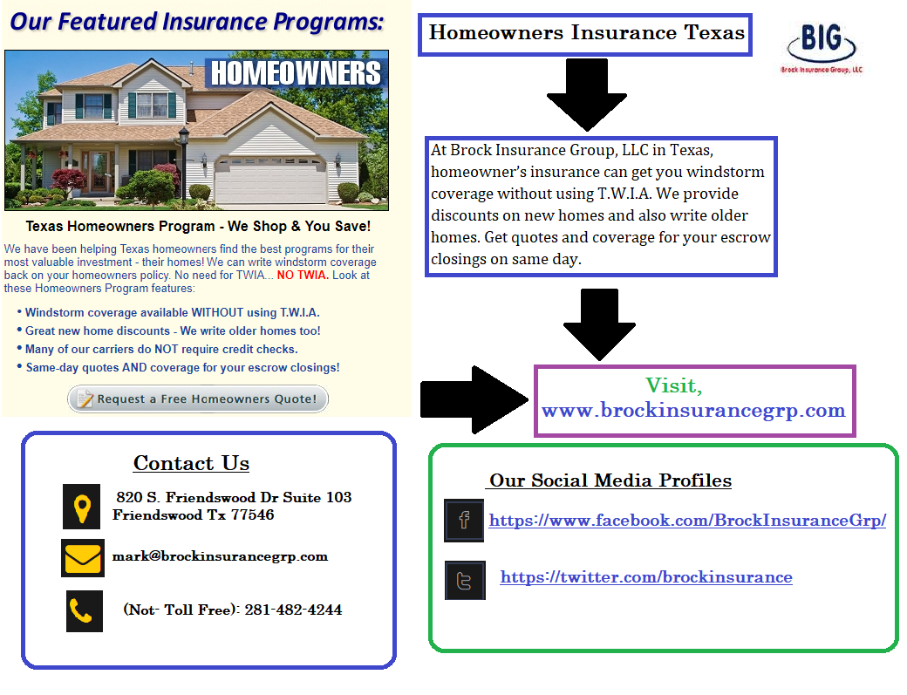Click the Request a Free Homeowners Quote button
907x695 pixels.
[198, 399]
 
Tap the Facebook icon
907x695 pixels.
[464, 521]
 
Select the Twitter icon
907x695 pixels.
[465, 580]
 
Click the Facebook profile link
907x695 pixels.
[687, 521]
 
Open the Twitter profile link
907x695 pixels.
[646, 577]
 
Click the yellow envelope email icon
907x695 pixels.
[83, 558]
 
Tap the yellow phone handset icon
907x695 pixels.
[85, 611]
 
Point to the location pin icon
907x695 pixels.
[82, 507]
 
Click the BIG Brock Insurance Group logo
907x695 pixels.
[822, 49]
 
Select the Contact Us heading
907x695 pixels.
[192, 463]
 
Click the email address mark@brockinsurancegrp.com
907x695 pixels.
[220, 556]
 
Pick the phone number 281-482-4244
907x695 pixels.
[293, 610]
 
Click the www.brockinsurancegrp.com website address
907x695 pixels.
[693, 410]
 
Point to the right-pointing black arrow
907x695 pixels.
[474, 399]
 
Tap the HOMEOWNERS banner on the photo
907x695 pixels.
[296, 73]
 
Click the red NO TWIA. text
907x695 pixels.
[303, 276]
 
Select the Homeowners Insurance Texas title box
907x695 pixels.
[585, 35]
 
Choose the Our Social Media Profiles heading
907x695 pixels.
[610, 480]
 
